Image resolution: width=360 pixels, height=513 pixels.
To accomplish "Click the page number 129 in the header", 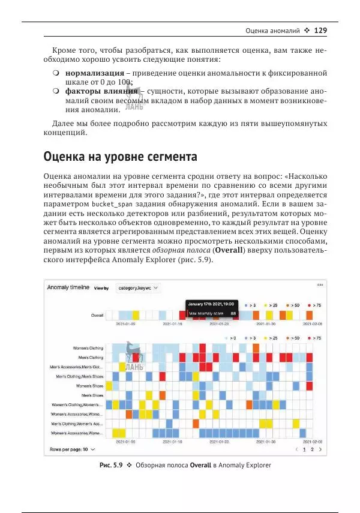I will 320,30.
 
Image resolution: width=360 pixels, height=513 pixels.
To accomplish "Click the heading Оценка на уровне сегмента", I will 120,158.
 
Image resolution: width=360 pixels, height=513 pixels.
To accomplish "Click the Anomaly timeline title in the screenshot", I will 68,287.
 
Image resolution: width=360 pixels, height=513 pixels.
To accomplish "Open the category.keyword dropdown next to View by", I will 139,288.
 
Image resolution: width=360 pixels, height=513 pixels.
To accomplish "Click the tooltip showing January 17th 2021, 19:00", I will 212,304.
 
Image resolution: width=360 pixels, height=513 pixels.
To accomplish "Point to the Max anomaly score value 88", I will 233,313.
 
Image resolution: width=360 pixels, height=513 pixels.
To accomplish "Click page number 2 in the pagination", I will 312,449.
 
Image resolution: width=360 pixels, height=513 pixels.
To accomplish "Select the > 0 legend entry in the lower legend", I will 233,338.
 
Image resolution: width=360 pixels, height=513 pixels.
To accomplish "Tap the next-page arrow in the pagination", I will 320,449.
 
